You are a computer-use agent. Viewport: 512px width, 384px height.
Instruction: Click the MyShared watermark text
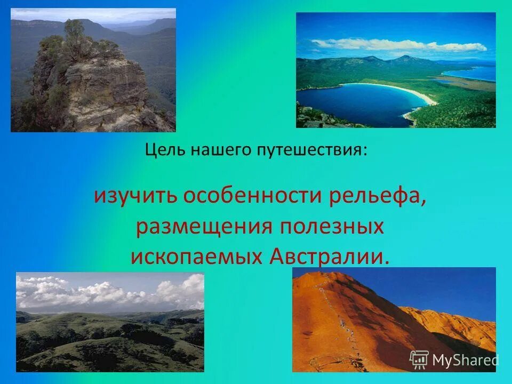(465, 361)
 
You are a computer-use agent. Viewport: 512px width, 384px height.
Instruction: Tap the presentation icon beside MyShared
(419, 360)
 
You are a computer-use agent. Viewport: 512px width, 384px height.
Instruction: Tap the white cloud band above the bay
(400, 45)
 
